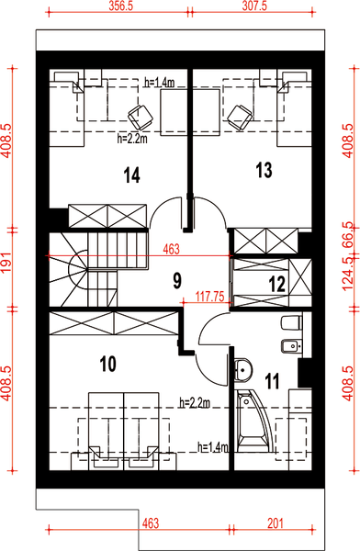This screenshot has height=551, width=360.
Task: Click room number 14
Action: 132,175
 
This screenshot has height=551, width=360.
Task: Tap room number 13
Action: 264,171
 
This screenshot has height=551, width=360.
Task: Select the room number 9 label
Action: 177,281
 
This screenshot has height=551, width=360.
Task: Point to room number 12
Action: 276,285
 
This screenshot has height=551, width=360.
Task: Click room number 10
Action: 108,364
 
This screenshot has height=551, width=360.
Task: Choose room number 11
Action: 272,381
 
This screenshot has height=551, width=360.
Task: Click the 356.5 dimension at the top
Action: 121,6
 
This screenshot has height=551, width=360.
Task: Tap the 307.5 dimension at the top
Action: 254,6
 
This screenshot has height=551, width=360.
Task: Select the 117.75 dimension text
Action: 210,297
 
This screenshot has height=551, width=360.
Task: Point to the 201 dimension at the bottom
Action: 276,523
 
